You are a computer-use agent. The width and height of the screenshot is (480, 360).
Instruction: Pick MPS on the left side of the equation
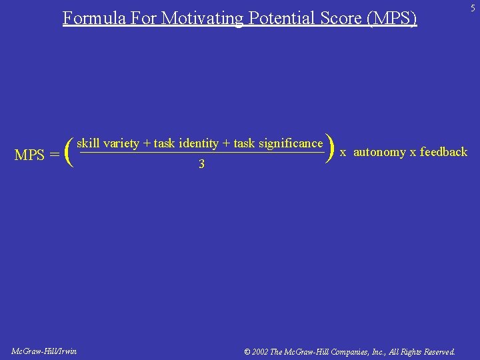point(29,155)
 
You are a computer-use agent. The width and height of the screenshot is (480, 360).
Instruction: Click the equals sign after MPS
point(55,155)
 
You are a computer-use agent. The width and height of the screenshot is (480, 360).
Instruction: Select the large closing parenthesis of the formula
point(329,148)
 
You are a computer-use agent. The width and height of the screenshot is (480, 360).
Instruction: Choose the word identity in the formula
point(199,143)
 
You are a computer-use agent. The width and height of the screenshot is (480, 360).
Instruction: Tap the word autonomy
point(379,152)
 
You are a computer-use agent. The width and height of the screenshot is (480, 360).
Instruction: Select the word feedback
point(443,152)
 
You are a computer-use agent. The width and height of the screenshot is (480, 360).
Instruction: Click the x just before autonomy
point(343,152)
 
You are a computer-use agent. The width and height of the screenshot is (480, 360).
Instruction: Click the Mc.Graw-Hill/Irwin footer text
point(44,351)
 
